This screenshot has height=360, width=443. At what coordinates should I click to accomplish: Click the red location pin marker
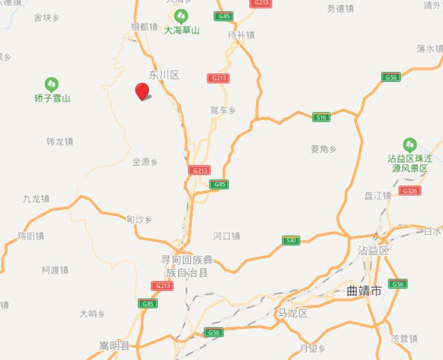[x=142, y=92]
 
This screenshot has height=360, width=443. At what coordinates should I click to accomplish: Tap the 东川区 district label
[x=165, y=75]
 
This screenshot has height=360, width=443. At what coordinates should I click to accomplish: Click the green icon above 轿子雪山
[x=52, y=84]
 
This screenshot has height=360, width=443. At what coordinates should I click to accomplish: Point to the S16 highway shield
[x=321, y=117]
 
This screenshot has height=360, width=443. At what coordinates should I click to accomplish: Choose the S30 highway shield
[x=291, y=241]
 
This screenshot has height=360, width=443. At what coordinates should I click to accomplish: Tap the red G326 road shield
[x=410, y=190]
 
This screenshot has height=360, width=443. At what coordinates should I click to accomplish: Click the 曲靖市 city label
[x=364, y=292]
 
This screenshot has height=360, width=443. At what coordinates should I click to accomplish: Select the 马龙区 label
[x=293, y=313]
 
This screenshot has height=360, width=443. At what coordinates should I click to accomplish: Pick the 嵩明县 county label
[x=115, y=346]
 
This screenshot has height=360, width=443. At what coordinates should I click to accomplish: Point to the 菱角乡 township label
[x=324, y=149]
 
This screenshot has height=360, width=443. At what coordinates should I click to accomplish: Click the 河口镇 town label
[x=227, y=236]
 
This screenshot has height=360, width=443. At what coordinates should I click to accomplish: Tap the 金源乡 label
[x=145, y=162]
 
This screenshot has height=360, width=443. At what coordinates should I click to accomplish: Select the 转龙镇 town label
[x=59, y=141]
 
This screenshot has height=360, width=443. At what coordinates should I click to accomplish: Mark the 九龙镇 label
[x=36, y=199]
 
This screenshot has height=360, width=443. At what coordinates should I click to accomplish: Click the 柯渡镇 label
[x=55, y=270]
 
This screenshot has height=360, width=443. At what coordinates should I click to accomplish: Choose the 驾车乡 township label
[x=222, y=110]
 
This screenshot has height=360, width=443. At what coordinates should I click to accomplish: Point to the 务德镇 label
[x=340, y=8]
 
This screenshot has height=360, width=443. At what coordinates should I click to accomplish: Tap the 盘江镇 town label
[x=378, y=195]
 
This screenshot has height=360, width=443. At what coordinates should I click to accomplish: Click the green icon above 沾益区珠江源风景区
[x=410, y=145]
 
